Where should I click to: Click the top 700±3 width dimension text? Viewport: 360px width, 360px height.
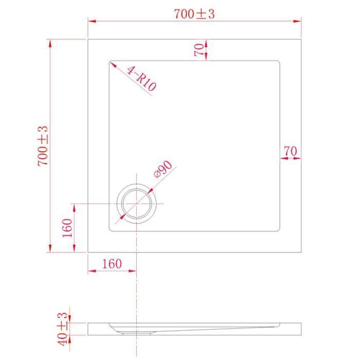(x=194, y=14)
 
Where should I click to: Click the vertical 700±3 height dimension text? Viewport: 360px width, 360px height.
(x=43, y=146)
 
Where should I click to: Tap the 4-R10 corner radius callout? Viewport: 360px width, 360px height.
(x=141, y=78)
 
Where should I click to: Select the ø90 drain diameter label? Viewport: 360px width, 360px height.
(x=163, y=169)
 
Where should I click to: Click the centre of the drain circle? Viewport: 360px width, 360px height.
(x=137, y=204)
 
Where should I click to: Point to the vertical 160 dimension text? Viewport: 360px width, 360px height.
(x=67, y=228)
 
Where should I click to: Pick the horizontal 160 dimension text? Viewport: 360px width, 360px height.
(x=112, y=264)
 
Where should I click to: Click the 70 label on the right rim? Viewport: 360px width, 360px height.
(x=291, y=151)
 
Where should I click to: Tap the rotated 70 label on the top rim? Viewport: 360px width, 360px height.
(x=199, y=50)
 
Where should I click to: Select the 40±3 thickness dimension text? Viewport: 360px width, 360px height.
(x=62, y=329)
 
